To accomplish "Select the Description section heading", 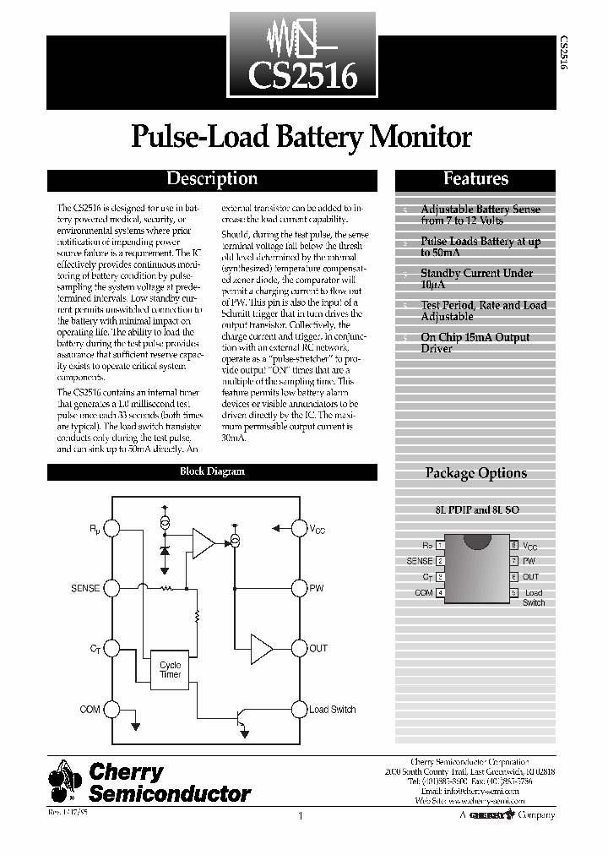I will pyautogui.click(x=211, y=179).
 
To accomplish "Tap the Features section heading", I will pyautogui.click(x=476, y=179).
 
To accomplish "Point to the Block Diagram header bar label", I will pyautogui.click(x=212, y=472).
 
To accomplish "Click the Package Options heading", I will pyautogui.click(x=475, y=473).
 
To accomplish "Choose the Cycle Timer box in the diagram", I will pyautogui.click(x=170, y=670).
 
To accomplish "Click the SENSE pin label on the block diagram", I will pyautogui.click(x=86, y=587).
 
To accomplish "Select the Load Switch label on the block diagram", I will pyautogui.click(x=332, y=710).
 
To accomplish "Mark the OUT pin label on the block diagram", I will pyautogui.click(x=318, y=648).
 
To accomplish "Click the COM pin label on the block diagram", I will pyautogui.click(x=90, y=710).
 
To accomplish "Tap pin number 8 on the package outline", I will pyautogui.click(x=513, y=546).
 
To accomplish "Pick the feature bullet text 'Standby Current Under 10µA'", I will pyautogui.click(x=477, y=279).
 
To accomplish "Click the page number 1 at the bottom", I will pyautogui.click(x=301, y=816).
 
